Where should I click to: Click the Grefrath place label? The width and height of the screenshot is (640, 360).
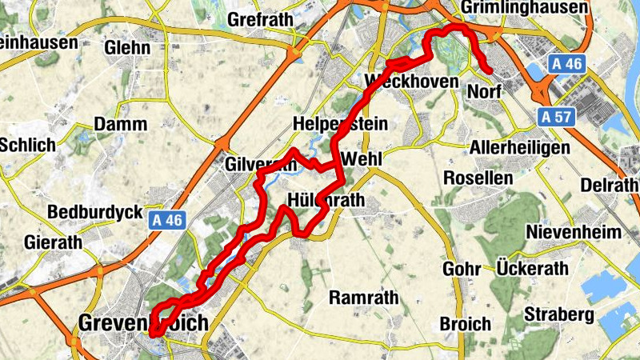point(261,18)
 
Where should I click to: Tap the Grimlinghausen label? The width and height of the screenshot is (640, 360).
point(526,7)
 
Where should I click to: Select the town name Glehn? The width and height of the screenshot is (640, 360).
point(127,47)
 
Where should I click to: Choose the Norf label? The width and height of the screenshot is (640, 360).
point(483,92)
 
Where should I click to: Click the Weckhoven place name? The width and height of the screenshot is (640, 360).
point(411,82)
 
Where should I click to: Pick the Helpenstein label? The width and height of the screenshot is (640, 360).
point(340,124)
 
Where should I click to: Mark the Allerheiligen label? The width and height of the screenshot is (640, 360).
point(519,149)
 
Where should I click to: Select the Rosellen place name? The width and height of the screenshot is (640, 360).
point(478,178)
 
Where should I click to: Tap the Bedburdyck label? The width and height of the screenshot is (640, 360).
point(95,213)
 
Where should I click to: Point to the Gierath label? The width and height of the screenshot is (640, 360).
point(54,242)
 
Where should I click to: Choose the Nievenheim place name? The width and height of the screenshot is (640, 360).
point(574,232)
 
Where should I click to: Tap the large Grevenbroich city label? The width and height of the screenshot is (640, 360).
point(143,323)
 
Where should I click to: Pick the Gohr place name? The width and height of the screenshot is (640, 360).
point(459,269)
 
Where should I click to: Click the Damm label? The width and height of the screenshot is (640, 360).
point(120,124)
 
